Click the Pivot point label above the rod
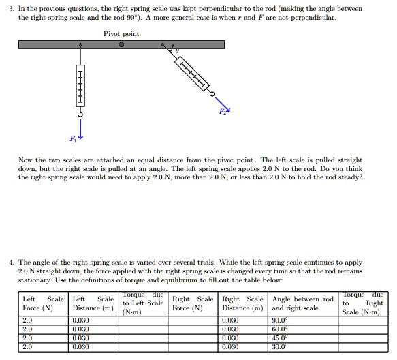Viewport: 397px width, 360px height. [x=121, y=33]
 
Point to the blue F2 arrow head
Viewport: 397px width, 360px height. [x=227, y=111]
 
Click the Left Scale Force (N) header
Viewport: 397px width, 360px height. [x=44, y=303]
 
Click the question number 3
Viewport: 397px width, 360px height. [x=12, y=8]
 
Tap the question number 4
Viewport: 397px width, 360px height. [x=12, y=262]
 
